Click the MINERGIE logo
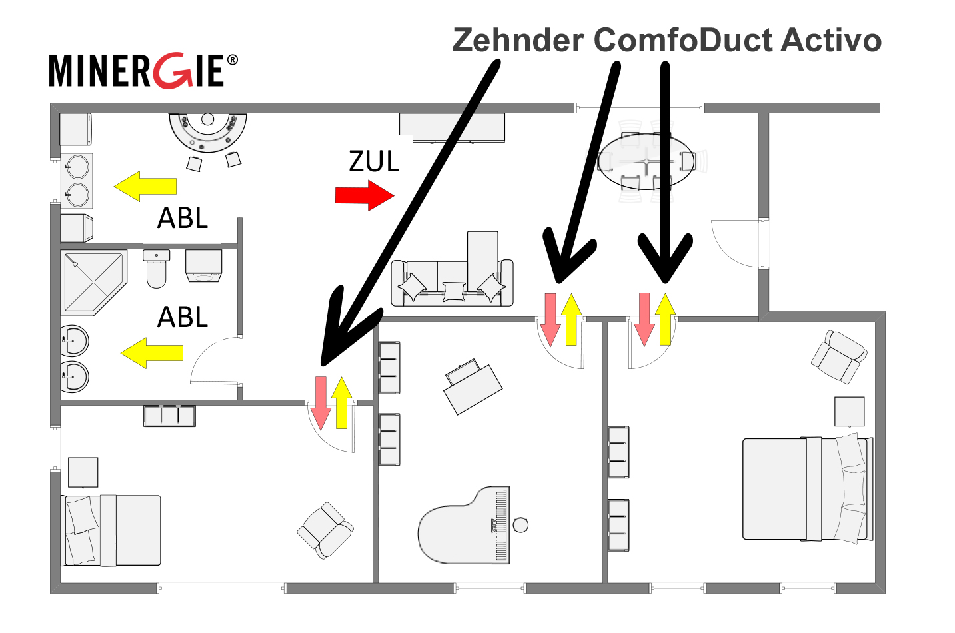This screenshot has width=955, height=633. [x=137, y=71]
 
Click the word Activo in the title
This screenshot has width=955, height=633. [x=831, y=40]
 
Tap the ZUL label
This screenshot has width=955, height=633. [x=374, y=161]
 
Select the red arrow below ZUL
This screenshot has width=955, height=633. [x=364, y=195]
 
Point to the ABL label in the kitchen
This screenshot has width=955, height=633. [x=183, y=218]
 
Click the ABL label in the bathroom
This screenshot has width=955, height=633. [x=183, y=317]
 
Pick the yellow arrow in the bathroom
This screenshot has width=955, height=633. [x=152, y=353]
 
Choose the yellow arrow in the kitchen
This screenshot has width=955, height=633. [x=145, y=187]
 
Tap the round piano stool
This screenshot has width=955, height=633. [x=521, y=525]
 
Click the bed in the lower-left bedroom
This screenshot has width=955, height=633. [x=111, y=530]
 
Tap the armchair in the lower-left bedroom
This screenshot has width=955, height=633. [x=325, y=530]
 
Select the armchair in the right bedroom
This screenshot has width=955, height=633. [x=838, y=356]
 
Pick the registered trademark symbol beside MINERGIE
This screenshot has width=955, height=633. [x=232, y=60]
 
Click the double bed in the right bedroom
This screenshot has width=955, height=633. [x=807, y=488]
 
